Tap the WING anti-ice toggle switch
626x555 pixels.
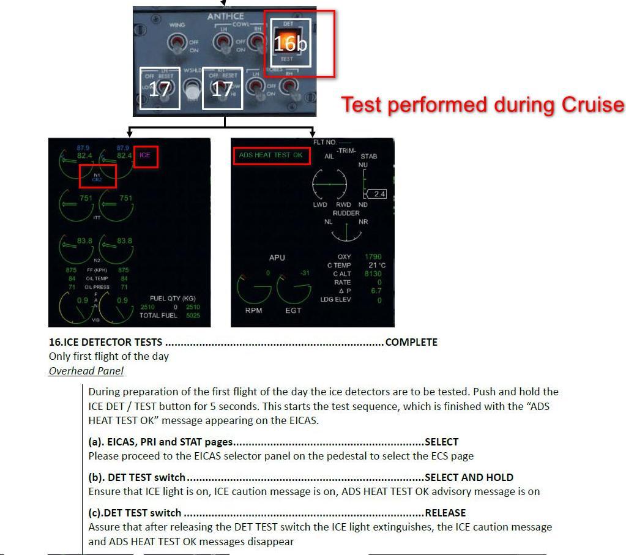[x=177, y=43]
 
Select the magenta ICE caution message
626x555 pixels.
[x=145, y=155]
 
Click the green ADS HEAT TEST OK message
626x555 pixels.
[x=270, y=155]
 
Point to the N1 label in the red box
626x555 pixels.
[x=97, y=174]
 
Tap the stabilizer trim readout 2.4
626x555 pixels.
[x=379, y=194]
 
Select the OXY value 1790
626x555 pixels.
[x=373, y=257]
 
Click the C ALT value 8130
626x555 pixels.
[x=373, y=274]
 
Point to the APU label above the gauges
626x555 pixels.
[x=277, y=258]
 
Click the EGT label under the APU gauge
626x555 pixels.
[x=293, y=311]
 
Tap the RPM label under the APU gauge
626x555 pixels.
[x=253, y=311]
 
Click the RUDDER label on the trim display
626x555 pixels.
[x=346, y=214]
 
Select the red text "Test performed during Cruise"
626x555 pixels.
[x=482, y=105]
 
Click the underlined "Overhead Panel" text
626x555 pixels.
[x=86, y=371]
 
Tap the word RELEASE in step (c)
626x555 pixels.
[x=445, y=513]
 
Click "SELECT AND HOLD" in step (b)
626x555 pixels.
[x=469, y=477]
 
